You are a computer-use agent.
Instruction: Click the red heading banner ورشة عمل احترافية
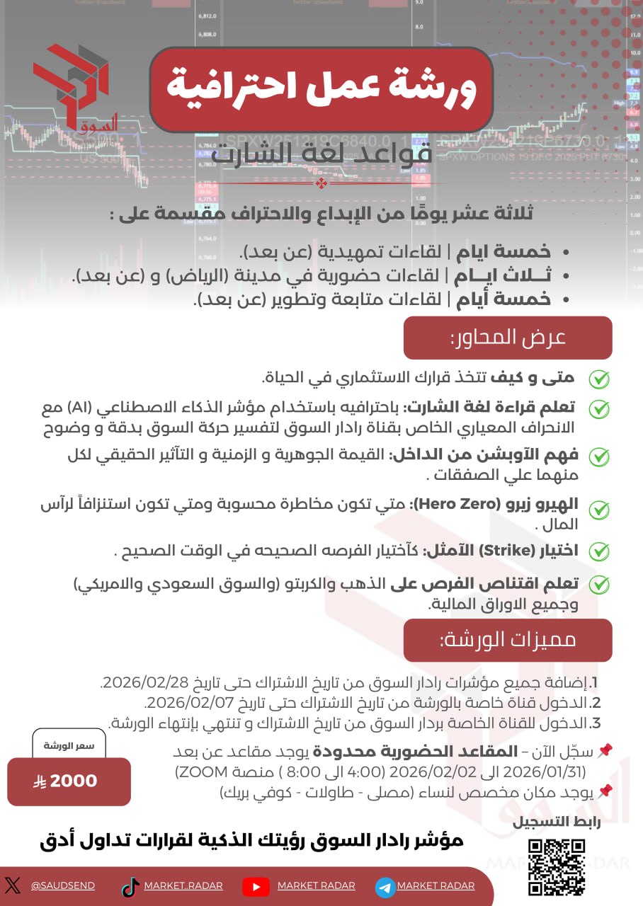(x=321, y=89)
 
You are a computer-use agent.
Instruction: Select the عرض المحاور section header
(x=507, y=338)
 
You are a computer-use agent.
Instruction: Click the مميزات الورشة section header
(x=507, y=640)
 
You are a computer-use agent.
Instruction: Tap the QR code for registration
(x=557, y=867)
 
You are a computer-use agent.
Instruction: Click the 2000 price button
(x=69, y=781)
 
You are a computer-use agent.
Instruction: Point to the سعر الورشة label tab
(x=69, y=745)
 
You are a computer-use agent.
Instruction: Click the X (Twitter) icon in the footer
(x=13, y=885)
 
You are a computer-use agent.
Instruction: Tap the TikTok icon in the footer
(x=130, y=886)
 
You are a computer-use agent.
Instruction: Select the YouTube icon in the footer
(x=256, y=886)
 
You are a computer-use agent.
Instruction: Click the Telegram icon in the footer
(x=385, y=886)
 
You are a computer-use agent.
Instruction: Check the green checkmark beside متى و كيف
(x=599, y=379)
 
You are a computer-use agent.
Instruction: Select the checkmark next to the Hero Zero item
(x=599, y=510)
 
